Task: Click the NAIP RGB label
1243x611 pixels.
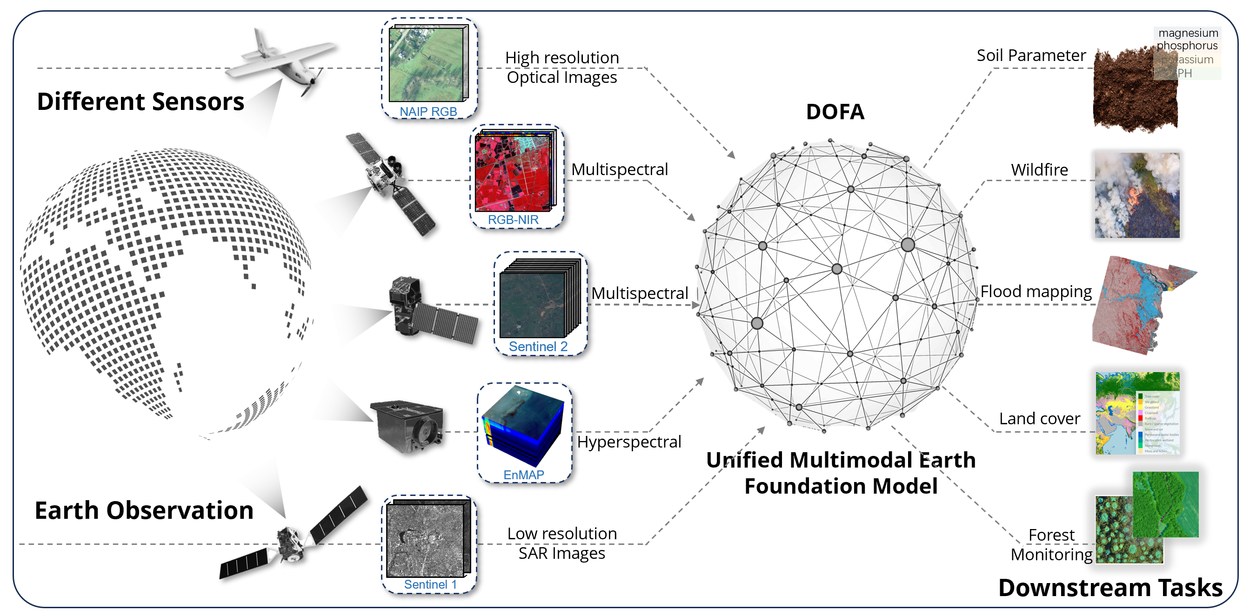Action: click(428, 112)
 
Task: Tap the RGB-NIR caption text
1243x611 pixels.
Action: click(513, 220)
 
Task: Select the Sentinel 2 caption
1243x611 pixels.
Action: click(538, 347)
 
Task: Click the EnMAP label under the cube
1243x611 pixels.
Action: click(523, 475)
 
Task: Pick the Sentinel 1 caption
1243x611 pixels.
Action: click(430, 584)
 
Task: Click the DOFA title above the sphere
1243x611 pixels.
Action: click(835, 112)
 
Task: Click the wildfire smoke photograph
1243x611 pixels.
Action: click(1137, 195)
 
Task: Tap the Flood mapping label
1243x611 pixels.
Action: click(1036, 291)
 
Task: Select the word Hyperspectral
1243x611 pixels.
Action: click(629, 441)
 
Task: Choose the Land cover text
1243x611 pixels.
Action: click(1039, 418)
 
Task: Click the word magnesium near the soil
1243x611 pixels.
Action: click(1188, 33)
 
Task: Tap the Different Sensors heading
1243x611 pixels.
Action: click(140, 102)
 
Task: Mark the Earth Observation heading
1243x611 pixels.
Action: click(144, 510)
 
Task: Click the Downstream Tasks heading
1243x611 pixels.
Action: click(1110, 588)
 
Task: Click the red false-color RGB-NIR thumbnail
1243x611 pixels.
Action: click(513, 173)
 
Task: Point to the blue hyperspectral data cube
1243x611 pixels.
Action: click(522, 425)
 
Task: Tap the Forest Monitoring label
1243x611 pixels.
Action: click(1051, 545)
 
